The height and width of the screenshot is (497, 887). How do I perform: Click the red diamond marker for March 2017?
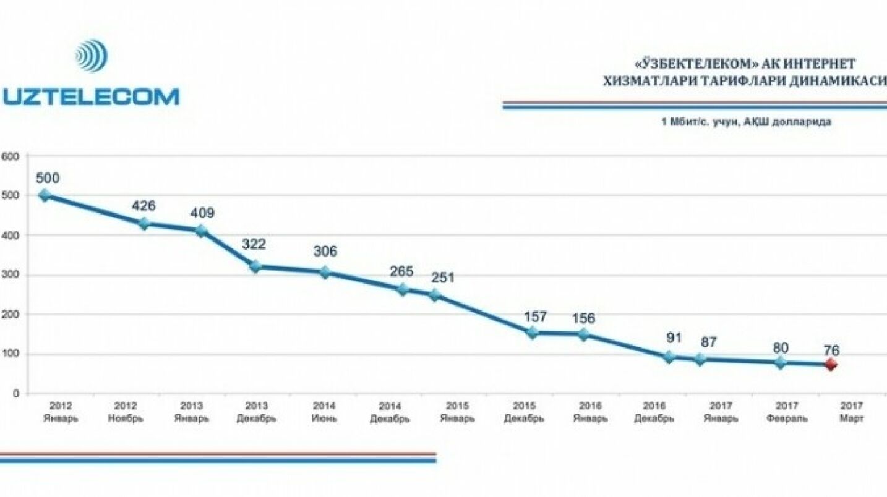point(831,364)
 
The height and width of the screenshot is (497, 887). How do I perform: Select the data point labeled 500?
point(45,195)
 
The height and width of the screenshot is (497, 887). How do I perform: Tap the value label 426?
point(144,206)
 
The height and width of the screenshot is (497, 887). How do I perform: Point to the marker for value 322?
point(255,267)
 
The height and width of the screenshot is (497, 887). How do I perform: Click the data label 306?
point(325,252)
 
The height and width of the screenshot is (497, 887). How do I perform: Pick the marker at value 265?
point(403,289)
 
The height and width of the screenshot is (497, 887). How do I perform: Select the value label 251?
point(442,278)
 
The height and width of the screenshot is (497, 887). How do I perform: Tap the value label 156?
point(583,318)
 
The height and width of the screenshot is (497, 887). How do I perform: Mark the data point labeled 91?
point(669,357)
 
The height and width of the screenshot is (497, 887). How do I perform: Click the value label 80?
point(781,347)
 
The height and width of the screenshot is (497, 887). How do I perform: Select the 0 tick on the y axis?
point(16,394)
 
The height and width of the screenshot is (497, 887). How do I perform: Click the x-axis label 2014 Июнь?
point(324,412)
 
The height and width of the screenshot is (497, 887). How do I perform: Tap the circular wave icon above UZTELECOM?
point(92,56)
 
